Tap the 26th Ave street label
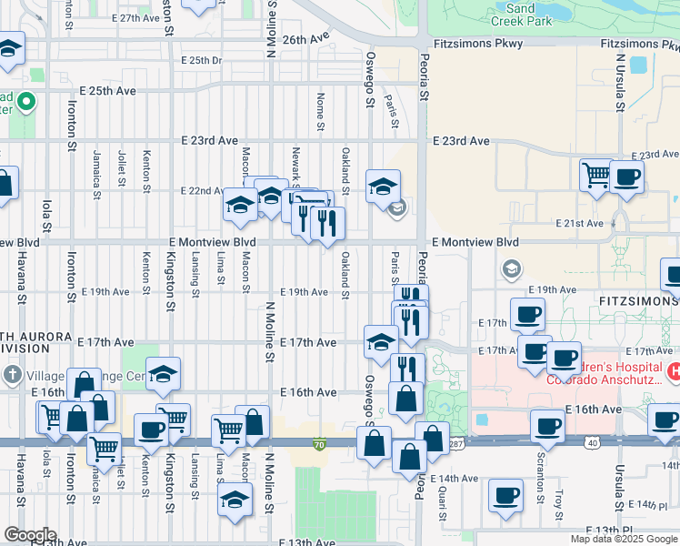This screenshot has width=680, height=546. pos(305,40)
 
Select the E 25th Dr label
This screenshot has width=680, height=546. pos(201,60)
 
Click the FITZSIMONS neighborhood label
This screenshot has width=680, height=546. pos(626,298)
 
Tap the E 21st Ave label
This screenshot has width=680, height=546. pos(582,223)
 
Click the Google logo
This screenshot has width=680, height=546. pos(29,536)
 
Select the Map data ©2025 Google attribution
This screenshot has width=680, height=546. pos(624,539)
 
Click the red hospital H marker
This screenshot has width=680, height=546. pos(675,372)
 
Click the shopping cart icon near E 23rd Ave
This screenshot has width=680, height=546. pos(596,174)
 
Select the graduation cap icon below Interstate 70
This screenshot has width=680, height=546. pos(235,500)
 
